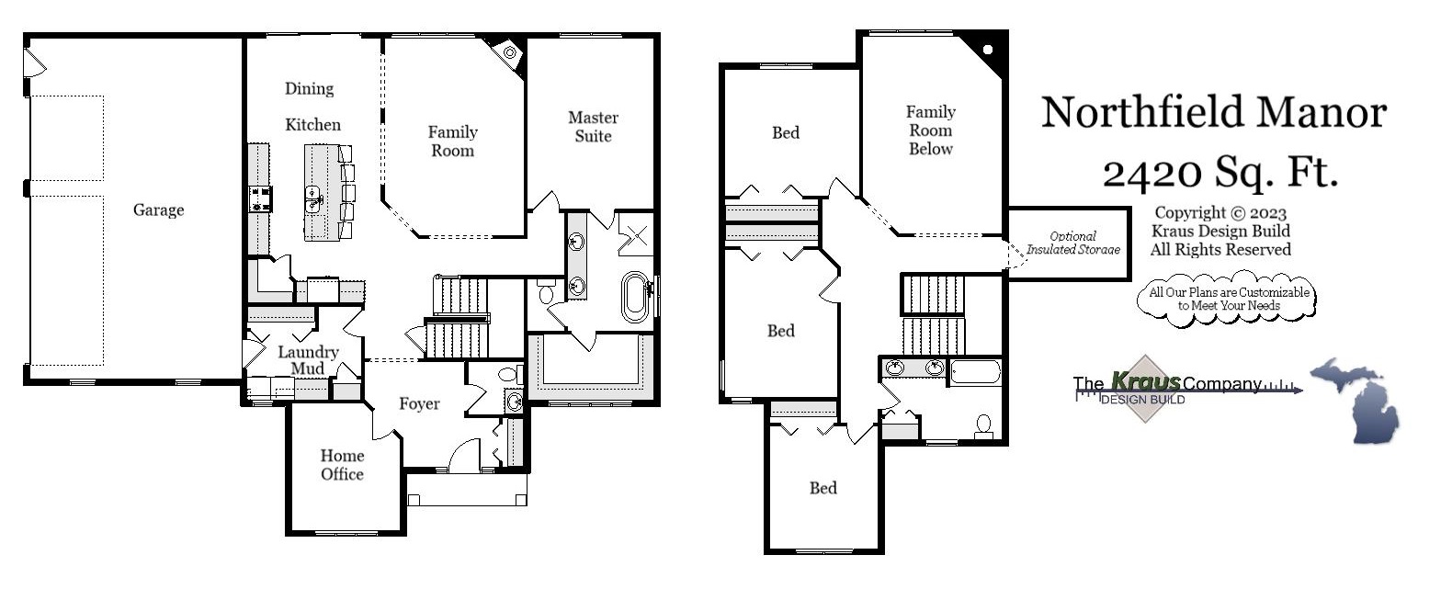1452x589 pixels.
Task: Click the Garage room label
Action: pyautogui.click(x=158, y=210)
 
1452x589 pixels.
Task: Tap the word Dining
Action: pyautogui.click(x=309, y=89)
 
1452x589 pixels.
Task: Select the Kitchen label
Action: pyautogui.click(x=312, y=125)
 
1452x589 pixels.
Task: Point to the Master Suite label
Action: pyautogui.click(x=593, y=127)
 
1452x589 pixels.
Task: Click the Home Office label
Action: pyautogui.click(x=342, y=465)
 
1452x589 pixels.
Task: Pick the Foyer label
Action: pyautogui.click(x=419, y=403)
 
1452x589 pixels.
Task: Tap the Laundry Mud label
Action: pyautogui.click(x=308, y=360)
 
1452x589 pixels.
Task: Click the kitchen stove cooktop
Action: pyautogui.click(x=260, y=198)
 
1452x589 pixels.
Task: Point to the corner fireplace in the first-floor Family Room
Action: pyautogui.click(x=508, y=52)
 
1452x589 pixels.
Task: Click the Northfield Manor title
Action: pyautogui.click(x=1213, y=113)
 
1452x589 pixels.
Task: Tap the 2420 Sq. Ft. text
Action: pyautogui.click(x=1219, y=171)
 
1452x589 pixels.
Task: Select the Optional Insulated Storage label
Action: pyautogui.click(x=1072, y=243)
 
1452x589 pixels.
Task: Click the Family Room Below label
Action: pyautogui.click(x=930, y=130)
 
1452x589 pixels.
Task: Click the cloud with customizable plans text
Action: pyautogui.click(x=1229, y=299)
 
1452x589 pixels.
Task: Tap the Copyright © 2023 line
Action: pyautogui.click(x=1220, y=213)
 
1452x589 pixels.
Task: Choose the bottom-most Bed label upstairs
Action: pyautogui.click(x=822, y=488)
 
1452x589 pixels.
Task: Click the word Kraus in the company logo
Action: pyautogui.click(x=1145, y=380)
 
